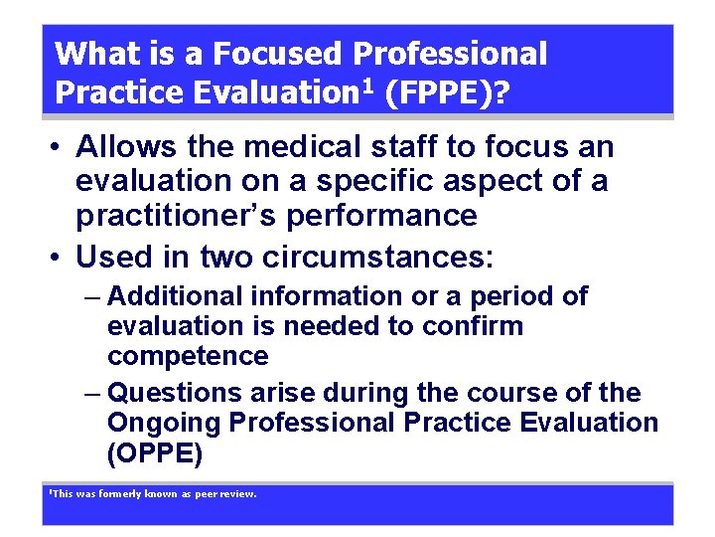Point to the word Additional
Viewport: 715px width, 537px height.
(x=175, y=296)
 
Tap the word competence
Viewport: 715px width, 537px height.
(x=188, y=356)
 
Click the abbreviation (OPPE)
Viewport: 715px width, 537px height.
(x=155, y=453)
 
